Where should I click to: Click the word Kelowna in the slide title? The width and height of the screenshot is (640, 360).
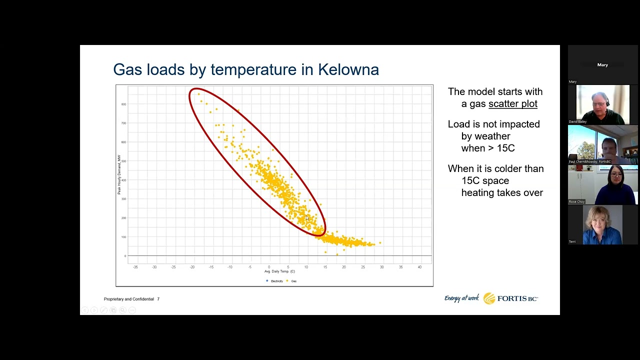pos(348,69)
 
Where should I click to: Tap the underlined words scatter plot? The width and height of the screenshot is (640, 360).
pos(512,104)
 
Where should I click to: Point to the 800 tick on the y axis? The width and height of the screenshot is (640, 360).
pos(123,104)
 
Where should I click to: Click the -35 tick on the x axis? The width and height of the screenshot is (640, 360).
pos(135,267)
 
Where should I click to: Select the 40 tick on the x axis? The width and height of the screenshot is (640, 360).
pos(419,267)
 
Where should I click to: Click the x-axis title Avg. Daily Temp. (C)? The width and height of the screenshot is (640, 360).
pos(279,271)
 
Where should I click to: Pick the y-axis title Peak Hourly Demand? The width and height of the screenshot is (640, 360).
pos(119,174)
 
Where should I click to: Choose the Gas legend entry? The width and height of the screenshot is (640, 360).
pos(293,281)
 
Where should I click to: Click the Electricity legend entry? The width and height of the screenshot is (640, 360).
pos(276,281)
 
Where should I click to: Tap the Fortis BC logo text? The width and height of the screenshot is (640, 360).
pos(517,298)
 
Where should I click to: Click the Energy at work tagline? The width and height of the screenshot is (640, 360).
pos(461,298)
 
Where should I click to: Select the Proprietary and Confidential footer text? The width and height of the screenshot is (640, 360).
pos(129,299)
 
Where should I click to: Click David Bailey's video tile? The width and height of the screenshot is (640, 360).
pos(602,104)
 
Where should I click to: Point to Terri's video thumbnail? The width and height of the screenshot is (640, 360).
pos(602,225)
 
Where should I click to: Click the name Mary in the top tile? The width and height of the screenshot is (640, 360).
pos(602,65)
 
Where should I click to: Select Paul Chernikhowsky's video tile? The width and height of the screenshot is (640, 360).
pos(602,144)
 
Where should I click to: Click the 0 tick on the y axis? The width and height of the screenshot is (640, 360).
pos(125,256)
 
